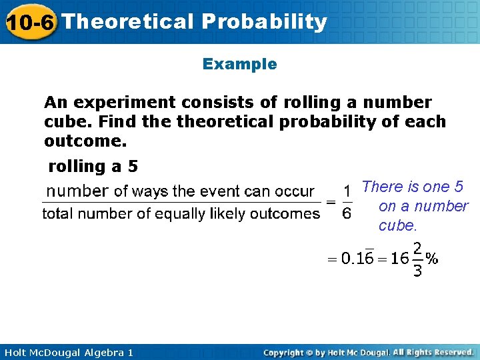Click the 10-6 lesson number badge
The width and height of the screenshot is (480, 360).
coord(30,22)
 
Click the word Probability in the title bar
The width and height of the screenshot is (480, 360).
coord(265,22)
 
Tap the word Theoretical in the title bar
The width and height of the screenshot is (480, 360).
coord(127,22)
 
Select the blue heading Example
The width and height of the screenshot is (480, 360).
coord(239,64)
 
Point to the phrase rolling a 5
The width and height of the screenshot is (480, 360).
coord(93,166)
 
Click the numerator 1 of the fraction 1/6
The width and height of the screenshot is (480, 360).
coord(347,191)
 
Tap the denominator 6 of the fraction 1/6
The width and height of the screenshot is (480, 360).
coord(347,213)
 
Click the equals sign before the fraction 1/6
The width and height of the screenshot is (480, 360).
coord(330,202)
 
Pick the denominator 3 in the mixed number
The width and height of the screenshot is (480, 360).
coord(417,271)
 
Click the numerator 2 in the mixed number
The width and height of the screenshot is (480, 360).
coord(417,247)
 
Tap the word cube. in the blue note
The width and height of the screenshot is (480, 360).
coord(397,225)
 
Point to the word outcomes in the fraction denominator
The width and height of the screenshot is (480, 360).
coord(288,213)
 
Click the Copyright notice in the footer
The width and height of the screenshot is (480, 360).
coord(368,352)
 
